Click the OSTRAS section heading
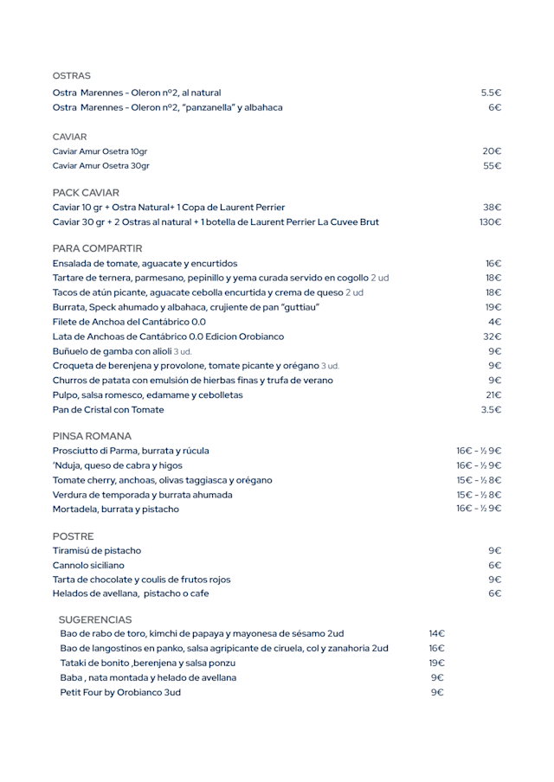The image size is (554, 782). click(71, 76)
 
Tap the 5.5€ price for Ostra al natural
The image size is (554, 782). click(491, 93)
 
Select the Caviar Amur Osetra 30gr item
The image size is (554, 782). click(100, 165)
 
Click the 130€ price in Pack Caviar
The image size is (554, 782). click(490, 222)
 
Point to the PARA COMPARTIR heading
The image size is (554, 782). click(97, 248)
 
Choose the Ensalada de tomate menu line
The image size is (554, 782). click(145, 263)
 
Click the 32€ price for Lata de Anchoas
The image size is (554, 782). click(492, 337)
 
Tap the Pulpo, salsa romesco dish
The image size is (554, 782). click(147, 394)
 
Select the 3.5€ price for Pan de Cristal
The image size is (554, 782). click(491, 409)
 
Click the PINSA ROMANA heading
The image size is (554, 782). click(92, 436)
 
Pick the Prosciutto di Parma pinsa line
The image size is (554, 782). click(131, 451)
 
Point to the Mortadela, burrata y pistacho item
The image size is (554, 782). click(116, 509)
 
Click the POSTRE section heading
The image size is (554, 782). click(73, 536)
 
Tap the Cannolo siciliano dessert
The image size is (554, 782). click(88, 565)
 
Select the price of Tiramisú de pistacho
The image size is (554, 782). click(494, 550)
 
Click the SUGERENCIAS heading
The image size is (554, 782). click(95, 619)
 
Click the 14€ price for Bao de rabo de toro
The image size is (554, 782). click(436, 633)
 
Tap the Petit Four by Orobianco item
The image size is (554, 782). click(120, 692)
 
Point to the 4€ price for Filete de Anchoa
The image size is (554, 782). click(494, 322)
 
